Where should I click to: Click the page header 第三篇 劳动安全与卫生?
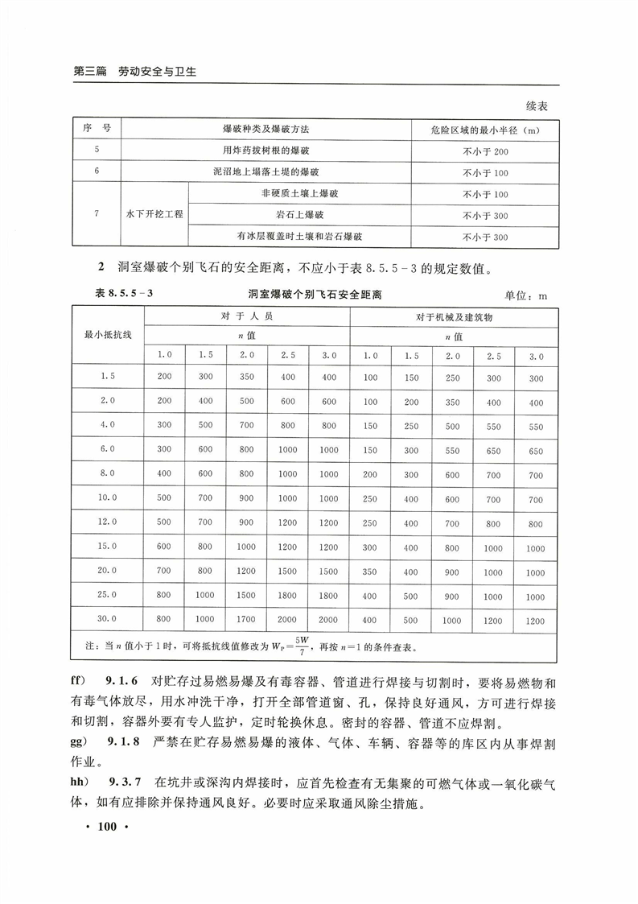[135, 72]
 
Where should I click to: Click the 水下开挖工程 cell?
[154, 215]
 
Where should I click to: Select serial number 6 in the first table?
[97, 172]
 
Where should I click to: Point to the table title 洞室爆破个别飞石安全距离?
[315, 295]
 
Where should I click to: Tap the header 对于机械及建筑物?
[454, 317]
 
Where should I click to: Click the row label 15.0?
[108, 547]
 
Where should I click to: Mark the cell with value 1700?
[246, 619]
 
